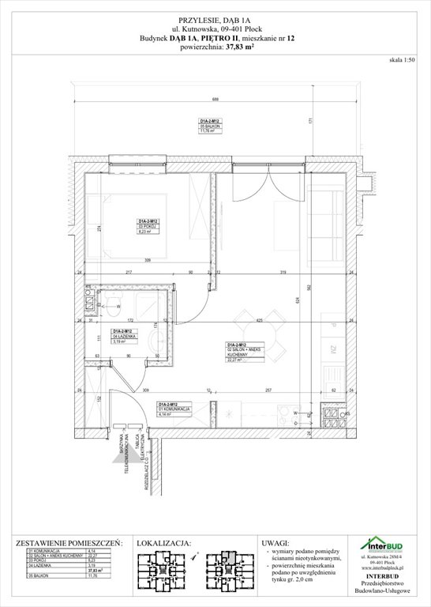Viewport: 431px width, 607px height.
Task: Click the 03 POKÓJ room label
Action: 150,227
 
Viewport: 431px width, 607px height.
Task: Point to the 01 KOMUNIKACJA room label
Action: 173,409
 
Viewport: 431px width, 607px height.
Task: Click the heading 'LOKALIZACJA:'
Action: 164,544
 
